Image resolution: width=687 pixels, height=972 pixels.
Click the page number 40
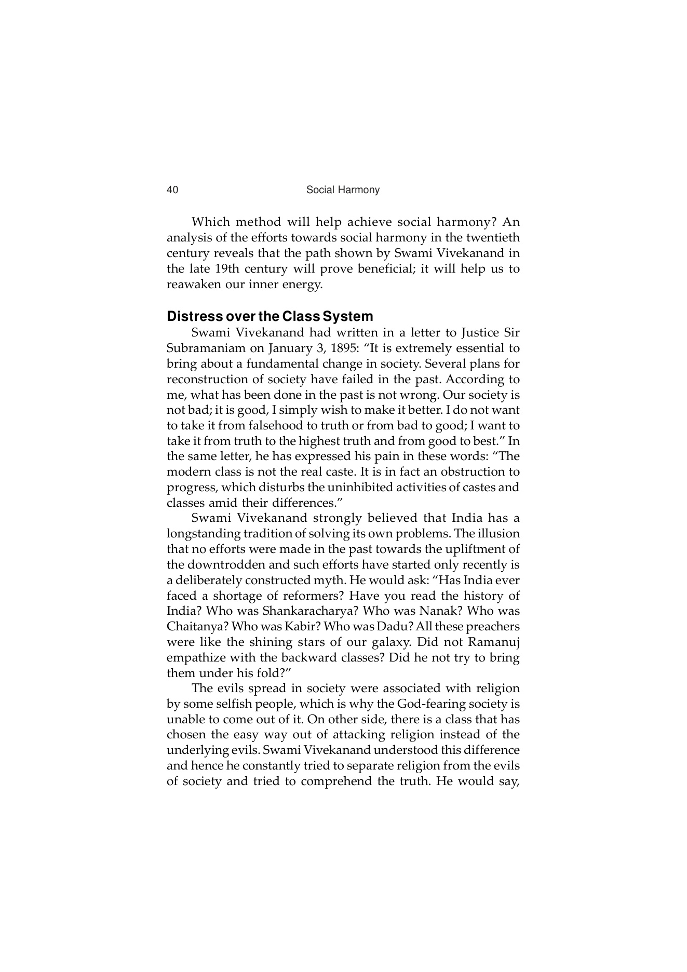172,190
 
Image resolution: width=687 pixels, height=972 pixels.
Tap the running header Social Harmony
343,190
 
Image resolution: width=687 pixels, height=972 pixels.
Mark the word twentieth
493,238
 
